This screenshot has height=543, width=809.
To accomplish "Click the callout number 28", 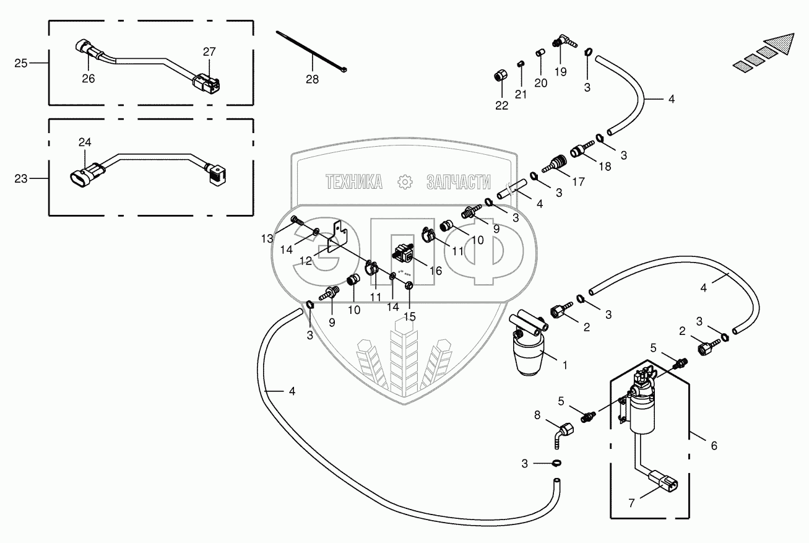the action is pyautogui.click(x=313, y=79).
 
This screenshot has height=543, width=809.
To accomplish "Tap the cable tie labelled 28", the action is pyautogui.click(x=311, y=51).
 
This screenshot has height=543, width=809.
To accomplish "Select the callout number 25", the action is pyautogui.click(x=21, y=63).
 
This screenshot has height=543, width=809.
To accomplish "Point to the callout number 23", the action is pyautogui.click(x=21, y=178).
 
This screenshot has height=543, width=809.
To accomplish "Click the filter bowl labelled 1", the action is pyautogui.click(x=529, y=355).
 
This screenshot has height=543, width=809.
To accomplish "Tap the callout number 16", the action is pyautogui.click(x=436, y=271).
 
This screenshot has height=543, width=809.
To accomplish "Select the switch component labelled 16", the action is pyautogui.click(x=403, y=253).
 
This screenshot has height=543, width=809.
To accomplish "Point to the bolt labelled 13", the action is pyautogui.click(x=297, y=221).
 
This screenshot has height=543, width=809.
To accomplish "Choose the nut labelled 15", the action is pyautogui.click(x=409, y=285).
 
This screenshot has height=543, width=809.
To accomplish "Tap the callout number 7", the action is pyautogui.click(x=631, y=503).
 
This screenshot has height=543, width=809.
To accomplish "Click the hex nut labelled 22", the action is pyautogui.click(x=500, y=76).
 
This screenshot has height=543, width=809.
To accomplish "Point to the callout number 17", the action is pyautogui.click(x=579, y=182).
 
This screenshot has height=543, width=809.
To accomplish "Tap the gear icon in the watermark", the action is pyautogui.click(x=405, y=182).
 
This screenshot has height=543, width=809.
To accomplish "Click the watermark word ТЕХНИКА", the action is pyautogui.click(x=354, y=182).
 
